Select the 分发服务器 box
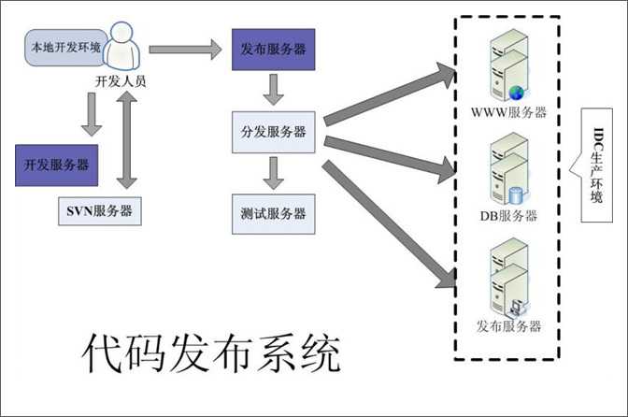click(x=273, y=131)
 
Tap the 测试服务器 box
click(x=273, y=214)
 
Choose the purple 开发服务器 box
click(x=56, y=165)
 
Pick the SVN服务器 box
click(x=95, y=208)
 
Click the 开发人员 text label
click(x=121, y=81)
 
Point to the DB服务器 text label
click(x=508, y=216)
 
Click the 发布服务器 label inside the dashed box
click(x=508, y=326)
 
